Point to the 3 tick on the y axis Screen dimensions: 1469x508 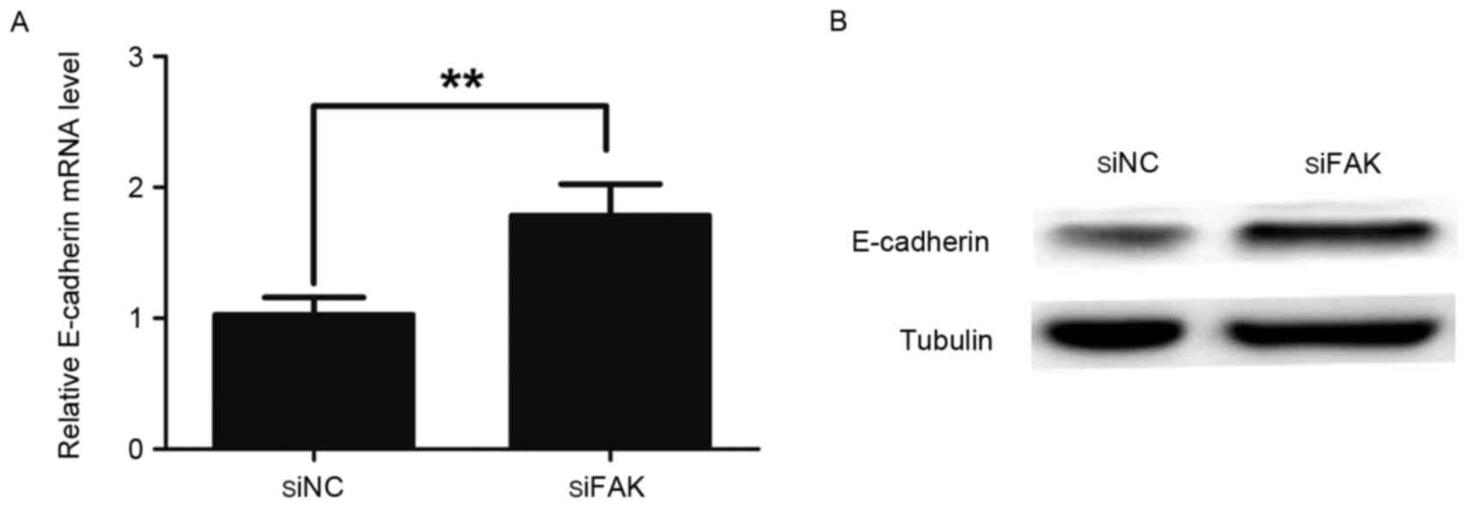[137, 57]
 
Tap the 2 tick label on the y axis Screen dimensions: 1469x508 [137, 188]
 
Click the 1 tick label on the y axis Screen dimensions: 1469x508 [137, 318]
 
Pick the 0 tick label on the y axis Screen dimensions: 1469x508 [137, 449]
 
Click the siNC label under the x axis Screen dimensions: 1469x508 [313, 487]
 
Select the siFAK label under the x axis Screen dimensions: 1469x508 [606, 487]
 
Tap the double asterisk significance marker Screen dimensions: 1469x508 [462, 82]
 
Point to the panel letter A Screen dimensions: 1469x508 [19, 23]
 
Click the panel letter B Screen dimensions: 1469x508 [838, 21]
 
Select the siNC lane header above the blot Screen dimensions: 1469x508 [1127, 163]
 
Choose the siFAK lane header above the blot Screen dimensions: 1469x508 [1342, 163]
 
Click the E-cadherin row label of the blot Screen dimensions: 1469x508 [920, 242]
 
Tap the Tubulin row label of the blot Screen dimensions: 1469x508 [946, 341]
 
